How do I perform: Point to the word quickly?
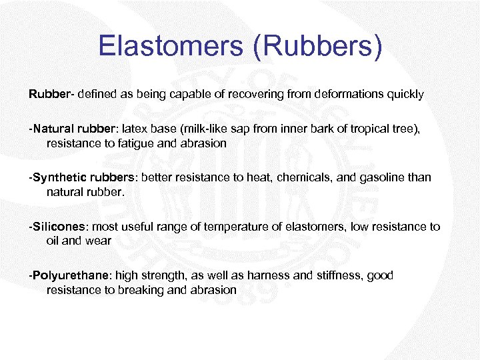click(x=403, y=94)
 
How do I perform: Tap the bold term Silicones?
click(x=59, y=227)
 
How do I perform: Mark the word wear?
click(x=99, y=240)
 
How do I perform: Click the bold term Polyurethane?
click(x=71, y=275)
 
